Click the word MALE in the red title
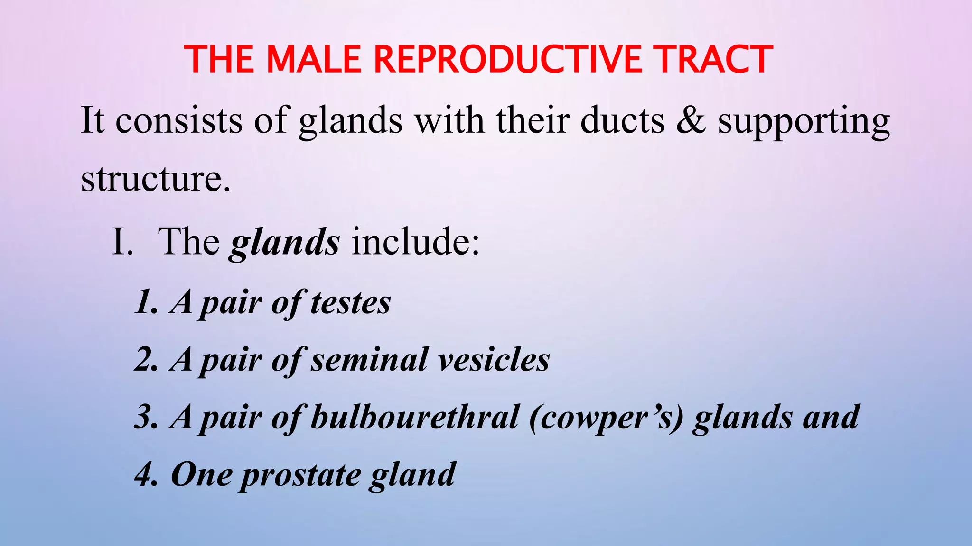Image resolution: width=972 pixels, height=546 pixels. tap(313, 59)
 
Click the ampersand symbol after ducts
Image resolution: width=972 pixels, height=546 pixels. tap(691, 120)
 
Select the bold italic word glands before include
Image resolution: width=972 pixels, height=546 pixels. tap(284, 243)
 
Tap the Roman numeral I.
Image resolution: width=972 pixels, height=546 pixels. tap(122, 242)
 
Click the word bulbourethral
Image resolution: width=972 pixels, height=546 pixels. tap(414, 417)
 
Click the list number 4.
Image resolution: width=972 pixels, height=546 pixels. tap(145, 475)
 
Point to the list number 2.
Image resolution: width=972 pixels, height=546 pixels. tap(145, 360)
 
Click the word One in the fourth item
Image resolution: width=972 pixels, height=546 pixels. tap(201, 475)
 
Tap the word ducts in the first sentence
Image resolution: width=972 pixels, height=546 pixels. tap(622, 120)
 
